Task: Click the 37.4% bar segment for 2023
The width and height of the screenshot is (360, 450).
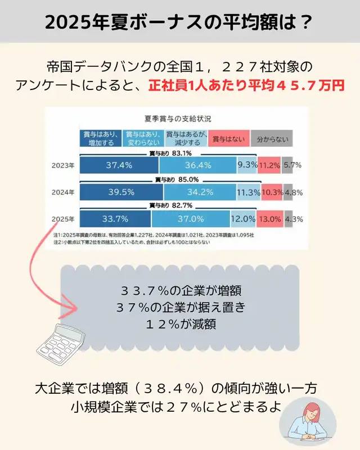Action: point(119,165)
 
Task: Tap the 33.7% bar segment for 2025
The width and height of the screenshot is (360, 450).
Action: point(115,218)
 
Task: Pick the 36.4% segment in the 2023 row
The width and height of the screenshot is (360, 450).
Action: point(197,165)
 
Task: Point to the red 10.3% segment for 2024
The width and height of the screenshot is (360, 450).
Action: point(272,192)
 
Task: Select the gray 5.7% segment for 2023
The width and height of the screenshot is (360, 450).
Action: point(291,165)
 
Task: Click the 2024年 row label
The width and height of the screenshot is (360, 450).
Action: point(62,192)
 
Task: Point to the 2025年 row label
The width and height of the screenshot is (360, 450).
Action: point(62,218)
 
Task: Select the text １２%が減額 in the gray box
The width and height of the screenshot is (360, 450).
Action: point(179,323)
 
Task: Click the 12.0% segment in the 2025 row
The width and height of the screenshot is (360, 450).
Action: point(243,218)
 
